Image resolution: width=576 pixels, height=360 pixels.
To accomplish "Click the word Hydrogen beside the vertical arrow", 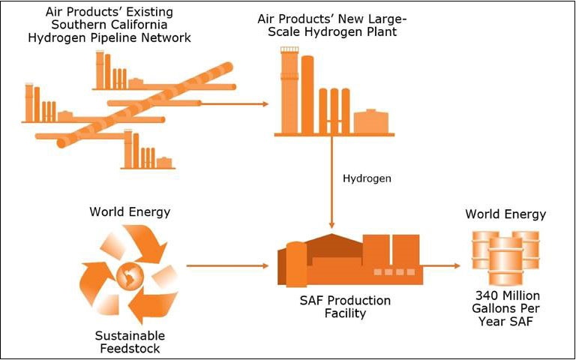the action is click(367, 178).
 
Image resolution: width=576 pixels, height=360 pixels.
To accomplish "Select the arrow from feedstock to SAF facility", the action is click(228, 265).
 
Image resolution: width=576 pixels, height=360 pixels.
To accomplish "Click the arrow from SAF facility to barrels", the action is click(441, 265).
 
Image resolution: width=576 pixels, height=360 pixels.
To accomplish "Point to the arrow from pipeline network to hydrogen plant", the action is click(235, 104).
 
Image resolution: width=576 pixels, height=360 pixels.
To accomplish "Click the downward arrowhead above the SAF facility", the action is click(331, 224).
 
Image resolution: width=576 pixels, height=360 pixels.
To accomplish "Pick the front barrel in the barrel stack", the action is click(505, 261).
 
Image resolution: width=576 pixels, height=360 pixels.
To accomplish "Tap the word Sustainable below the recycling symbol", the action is click(130, 335).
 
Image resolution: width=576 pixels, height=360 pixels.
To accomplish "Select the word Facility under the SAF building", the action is click(345, 313).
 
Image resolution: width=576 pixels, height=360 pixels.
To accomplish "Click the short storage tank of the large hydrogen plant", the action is click(371, 121).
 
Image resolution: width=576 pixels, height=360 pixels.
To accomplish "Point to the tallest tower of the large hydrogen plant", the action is click(289, 90).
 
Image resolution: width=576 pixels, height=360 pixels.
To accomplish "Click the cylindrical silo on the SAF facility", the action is click(296, 264).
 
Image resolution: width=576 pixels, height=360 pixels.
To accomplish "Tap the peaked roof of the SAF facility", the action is click(331, 244).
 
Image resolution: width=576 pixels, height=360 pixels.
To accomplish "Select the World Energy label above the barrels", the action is click(505, 214).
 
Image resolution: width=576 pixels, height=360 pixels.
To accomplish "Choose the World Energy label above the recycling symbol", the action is click(130, 212).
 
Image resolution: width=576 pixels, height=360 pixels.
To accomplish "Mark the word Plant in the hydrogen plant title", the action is click(381, 31).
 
